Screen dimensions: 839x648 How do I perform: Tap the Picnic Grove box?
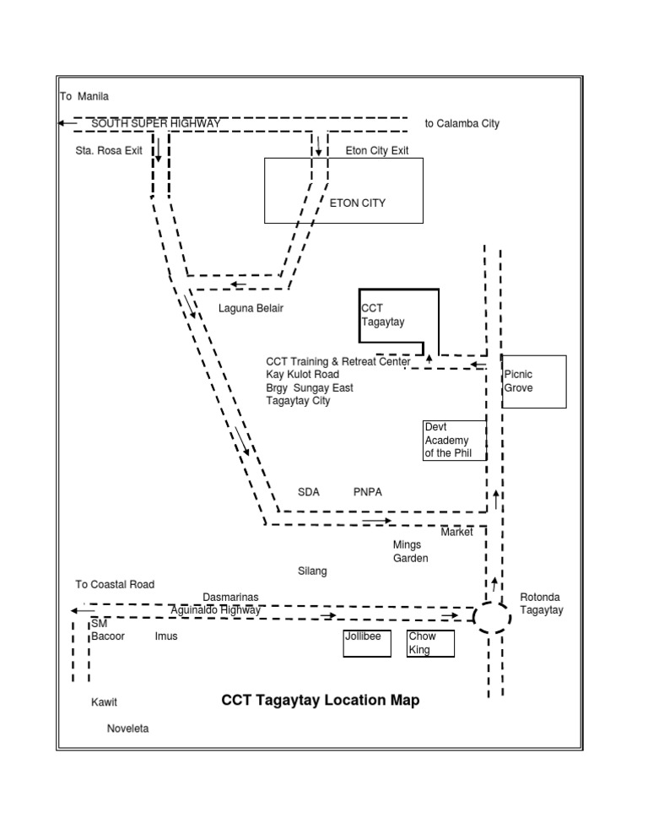pyautogui.click(x=533, y=382)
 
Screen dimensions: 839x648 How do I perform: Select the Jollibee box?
pyautogui.click(x=367, y=643)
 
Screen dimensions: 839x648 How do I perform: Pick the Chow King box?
pyautogui.click(x=430, y=643)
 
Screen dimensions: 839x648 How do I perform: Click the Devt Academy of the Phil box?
pyautogui.click(x=454, y=441)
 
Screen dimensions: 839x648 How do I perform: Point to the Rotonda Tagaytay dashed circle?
pyautogui.click(x=493, y=617)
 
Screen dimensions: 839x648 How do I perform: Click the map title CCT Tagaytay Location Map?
pyautogui.click(x=320, y=701)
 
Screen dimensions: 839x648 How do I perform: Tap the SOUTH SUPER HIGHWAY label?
pyautogui.click(x=156, y=123)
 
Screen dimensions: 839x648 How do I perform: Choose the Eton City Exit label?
pyautogui.click(x=377, y=151)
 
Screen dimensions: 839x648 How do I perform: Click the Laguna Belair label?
pyautogui.click(x=251, y=308)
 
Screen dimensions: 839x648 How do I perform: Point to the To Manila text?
pyautogui.click(x=84, y=96)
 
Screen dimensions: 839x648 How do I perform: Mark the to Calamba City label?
pyautogui.click(x=462, y=123)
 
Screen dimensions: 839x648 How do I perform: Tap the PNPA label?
pyautogui.click(x=368, y=492)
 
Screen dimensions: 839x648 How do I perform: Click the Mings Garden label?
pyautogui.click(x=411, y=551)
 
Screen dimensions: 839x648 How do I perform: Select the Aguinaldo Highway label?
pyautogui.click(x=216, y=609)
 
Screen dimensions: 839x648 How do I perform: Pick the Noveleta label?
pyautogui.click(x=127, y=728)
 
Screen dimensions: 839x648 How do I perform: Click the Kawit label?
pyautogui.click(x=105, y=702)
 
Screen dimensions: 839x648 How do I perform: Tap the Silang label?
pyautogui.click(x=312, y=571)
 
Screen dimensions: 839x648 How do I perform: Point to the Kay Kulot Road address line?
pyautogui.click(x=302, y=375)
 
